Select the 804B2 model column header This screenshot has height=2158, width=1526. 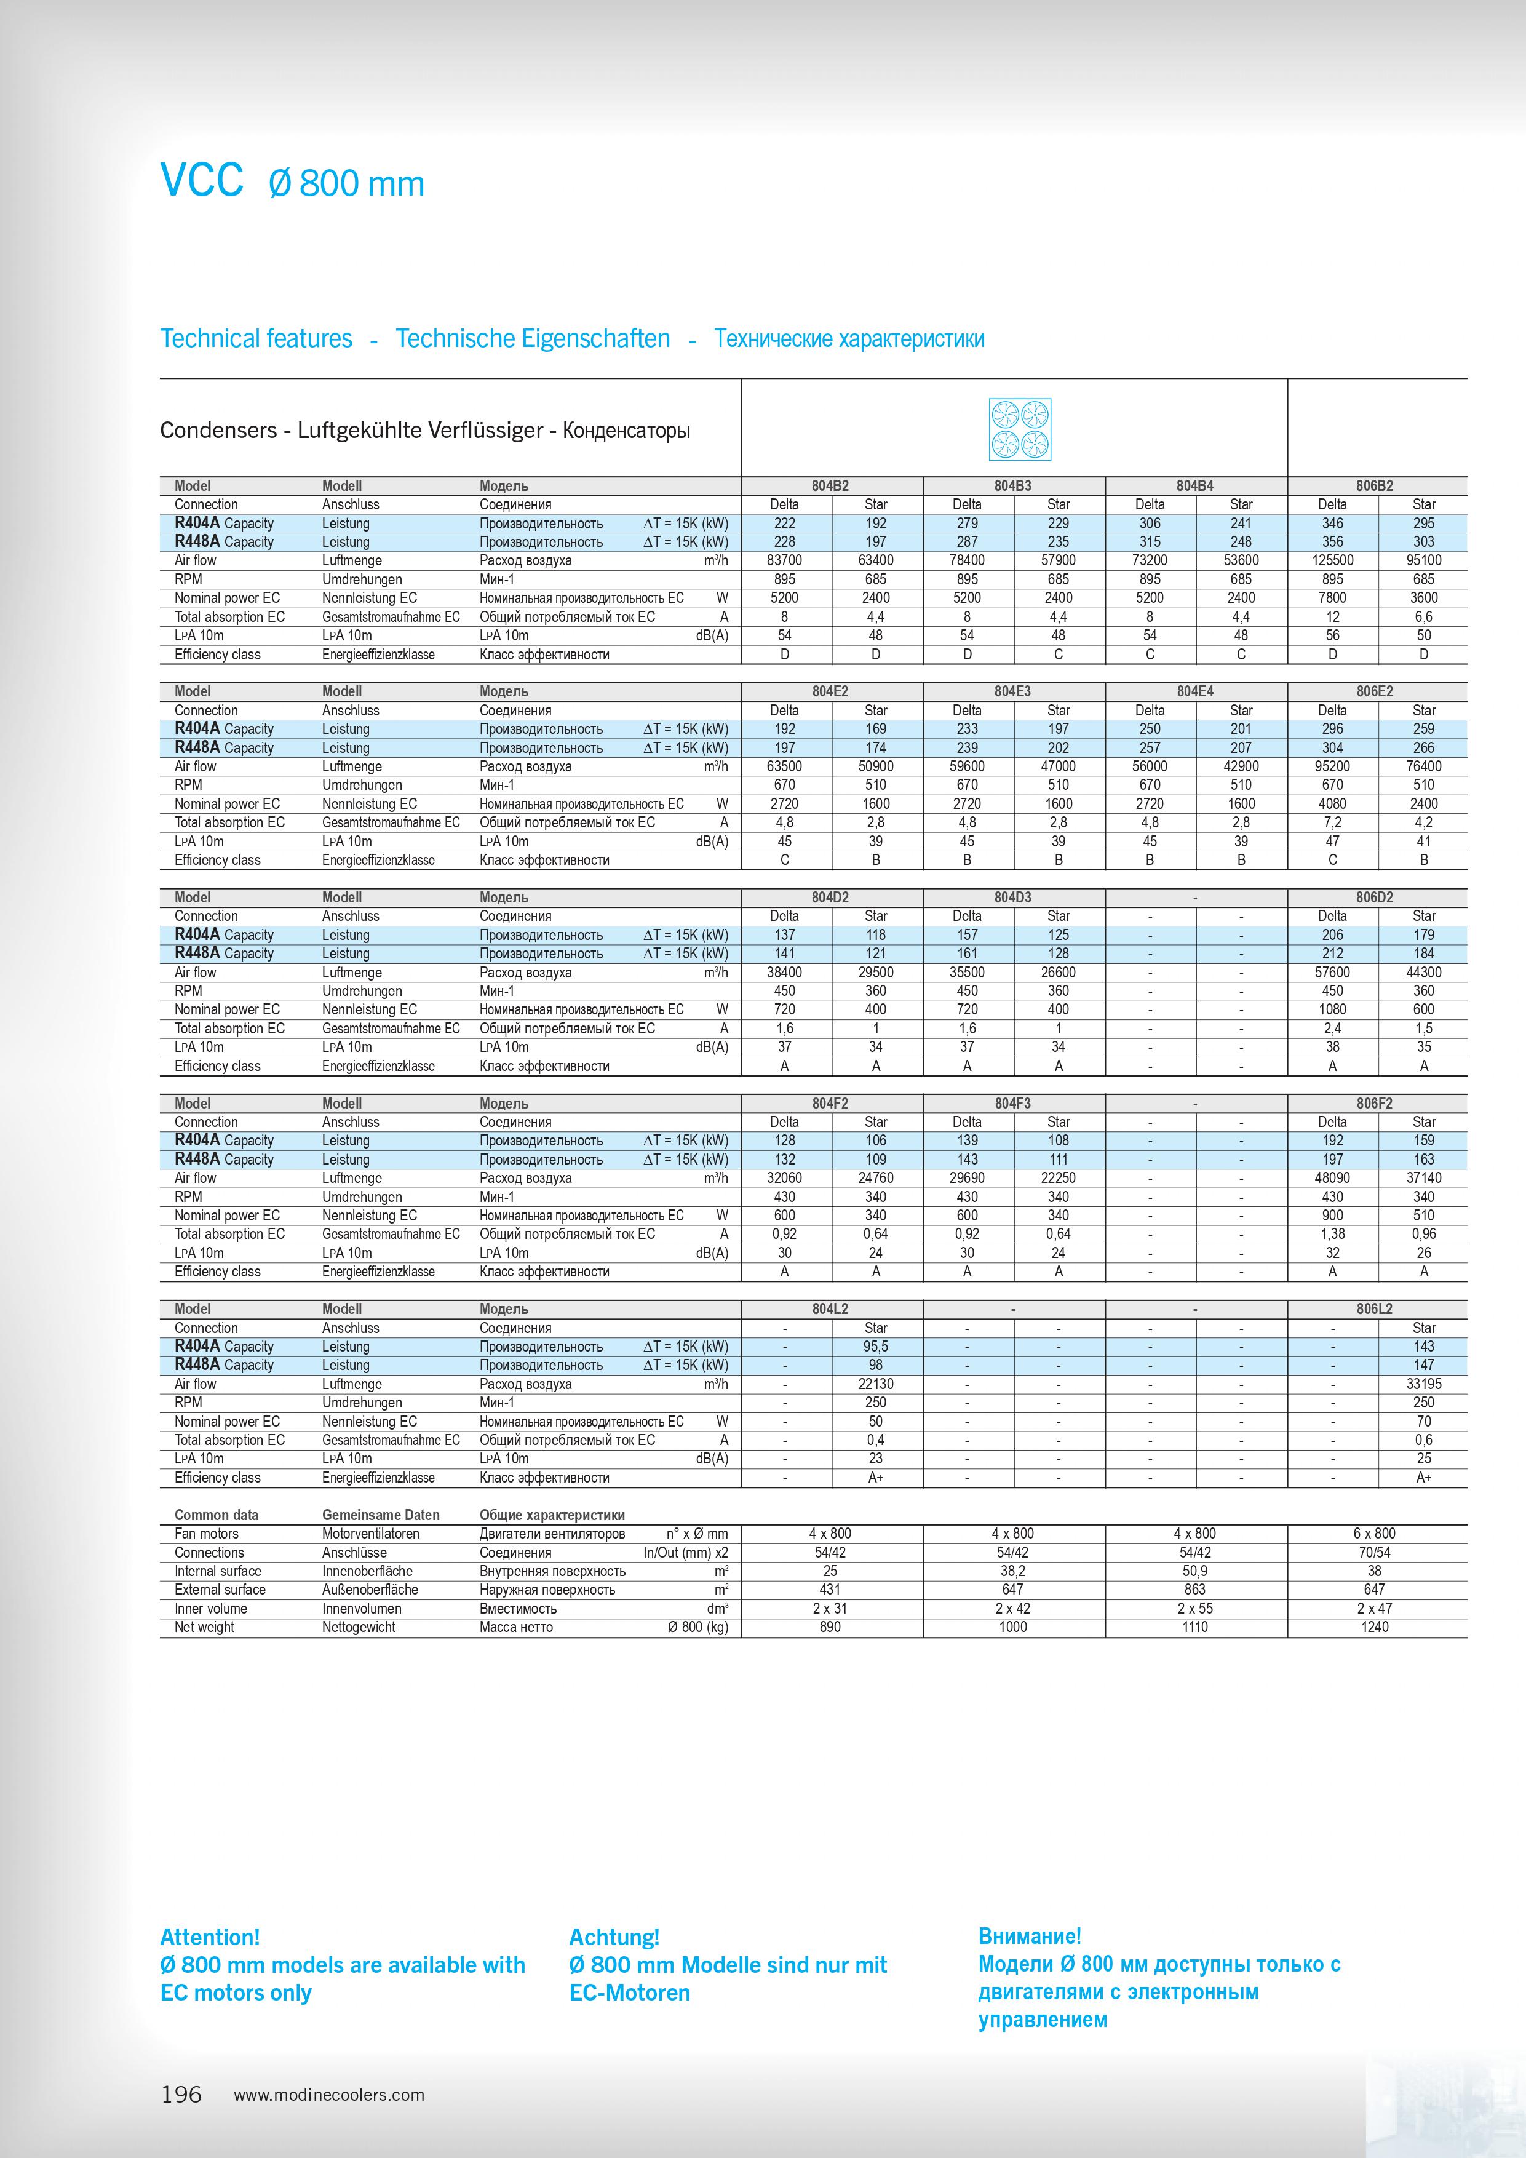830,486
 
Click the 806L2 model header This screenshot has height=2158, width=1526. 1374,1308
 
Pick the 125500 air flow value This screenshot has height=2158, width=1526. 1332,560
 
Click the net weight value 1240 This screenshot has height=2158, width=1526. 1374,1627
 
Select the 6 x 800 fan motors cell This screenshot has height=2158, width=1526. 1374,1533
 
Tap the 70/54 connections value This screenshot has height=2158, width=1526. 1374,1553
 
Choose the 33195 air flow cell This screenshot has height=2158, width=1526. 1423,1384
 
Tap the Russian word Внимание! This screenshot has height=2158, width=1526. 1029,1935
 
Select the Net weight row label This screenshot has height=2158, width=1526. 204,1627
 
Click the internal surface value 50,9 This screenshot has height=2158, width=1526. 1194,1571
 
